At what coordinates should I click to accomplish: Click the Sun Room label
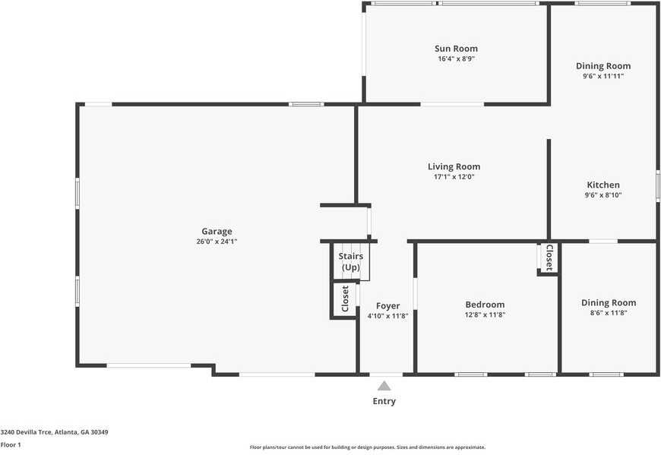(456, 49)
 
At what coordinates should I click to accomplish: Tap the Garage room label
(217, 232)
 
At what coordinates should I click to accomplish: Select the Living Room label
(454, 167)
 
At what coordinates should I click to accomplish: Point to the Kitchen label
(603, 185)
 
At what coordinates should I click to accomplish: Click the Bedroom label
(485, 305)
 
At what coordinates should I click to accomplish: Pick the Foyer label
(387, 306)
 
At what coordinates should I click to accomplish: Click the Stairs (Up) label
(350, 261)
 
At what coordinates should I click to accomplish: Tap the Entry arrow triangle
(384, 386)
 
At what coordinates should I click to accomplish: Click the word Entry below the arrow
(384, 401)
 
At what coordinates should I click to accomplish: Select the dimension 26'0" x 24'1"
(217, 242)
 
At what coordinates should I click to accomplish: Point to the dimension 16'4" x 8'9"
(456, 58)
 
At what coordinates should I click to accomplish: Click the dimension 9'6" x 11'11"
(603, 76)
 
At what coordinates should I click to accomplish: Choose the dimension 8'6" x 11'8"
(609, 312)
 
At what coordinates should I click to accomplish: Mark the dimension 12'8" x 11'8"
(485, 314)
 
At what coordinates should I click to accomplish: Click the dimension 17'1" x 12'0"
(454, 177)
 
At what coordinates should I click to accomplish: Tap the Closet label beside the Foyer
(345, 299)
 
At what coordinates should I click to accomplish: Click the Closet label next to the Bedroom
(549, 258)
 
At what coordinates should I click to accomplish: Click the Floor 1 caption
(11, 444)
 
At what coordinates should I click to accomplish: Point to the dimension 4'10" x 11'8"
(387, 316)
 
